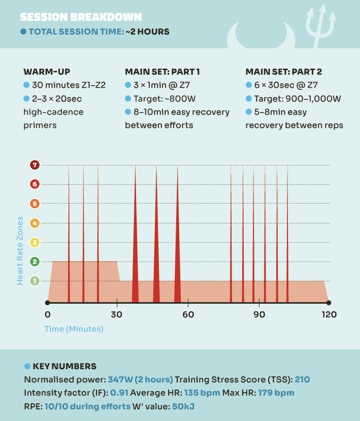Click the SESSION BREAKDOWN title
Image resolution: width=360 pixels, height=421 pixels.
[81, 17]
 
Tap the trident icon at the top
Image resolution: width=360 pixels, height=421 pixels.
[320, 25]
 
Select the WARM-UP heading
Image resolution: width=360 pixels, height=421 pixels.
[47, 72]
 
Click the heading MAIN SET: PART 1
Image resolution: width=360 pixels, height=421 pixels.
[162, 72]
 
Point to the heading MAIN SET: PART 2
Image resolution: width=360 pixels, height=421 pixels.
[283, 72]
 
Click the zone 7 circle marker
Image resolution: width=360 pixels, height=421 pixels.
[35, 165]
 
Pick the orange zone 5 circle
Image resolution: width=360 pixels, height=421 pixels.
[35, 204]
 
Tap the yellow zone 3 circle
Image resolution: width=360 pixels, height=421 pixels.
[35, 242]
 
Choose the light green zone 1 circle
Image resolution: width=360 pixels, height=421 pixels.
[35, 281]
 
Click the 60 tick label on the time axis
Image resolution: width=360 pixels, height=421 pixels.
[188, 314]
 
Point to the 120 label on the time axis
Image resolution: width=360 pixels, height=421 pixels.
[329, 314]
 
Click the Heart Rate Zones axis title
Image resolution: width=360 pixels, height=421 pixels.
[20, 250]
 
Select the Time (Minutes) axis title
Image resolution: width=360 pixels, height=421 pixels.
[74, 329]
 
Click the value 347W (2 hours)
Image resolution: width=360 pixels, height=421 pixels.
[141, 379]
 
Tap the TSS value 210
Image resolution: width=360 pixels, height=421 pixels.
[302, 379]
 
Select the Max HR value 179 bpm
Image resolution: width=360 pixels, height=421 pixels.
[276, 393]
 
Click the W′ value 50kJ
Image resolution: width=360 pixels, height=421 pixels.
[183, 406]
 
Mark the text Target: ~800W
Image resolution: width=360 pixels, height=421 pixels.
[165, 99]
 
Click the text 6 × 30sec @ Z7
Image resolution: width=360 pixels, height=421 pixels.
[286, 85]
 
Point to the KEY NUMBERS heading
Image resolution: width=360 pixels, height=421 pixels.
[64, 366]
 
